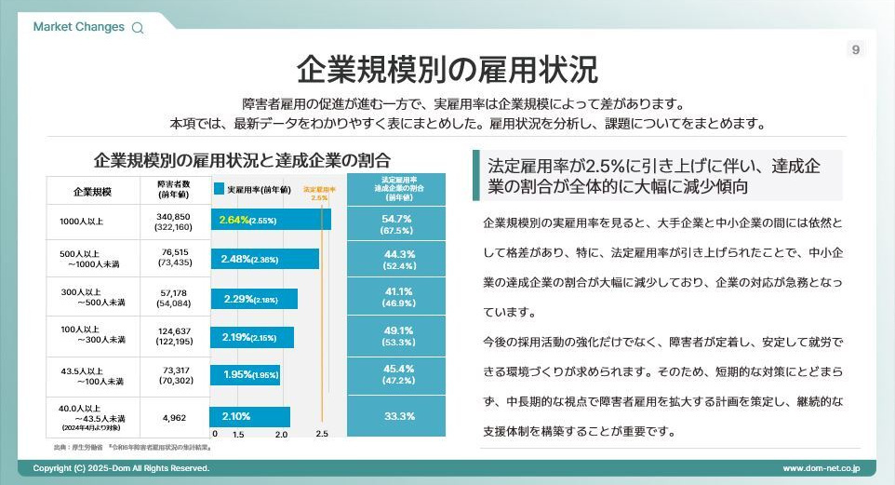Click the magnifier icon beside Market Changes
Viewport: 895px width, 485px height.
click(x=138, y=28)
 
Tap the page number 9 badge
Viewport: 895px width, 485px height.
click(x=856, y=49)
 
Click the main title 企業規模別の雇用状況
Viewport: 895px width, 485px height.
click(x=447, y=69)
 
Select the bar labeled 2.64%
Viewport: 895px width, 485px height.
click(x=271, y=220)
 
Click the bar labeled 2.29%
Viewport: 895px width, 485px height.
click(x=254, y=299)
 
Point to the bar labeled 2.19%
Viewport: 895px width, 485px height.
click(x=251, y=337)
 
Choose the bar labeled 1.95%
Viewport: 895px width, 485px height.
click(x=245, y=374)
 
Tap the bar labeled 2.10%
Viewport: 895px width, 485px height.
click(x=250, y=416)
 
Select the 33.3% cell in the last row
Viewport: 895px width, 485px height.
click(x=398, y=416)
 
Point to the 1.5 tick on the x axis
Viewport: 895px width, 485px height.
click(x=238, y=434)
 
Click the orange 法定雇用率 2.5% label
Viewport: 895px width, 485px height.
click(x=320, y=193)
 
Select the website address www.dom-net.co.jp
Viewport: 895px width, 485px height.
click(x=821, y=467)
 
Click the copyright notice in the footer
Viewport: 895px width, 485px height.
click(x=121, y=467)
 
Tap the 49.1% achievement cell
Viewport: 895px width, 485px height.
click(x=398, y=335)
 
